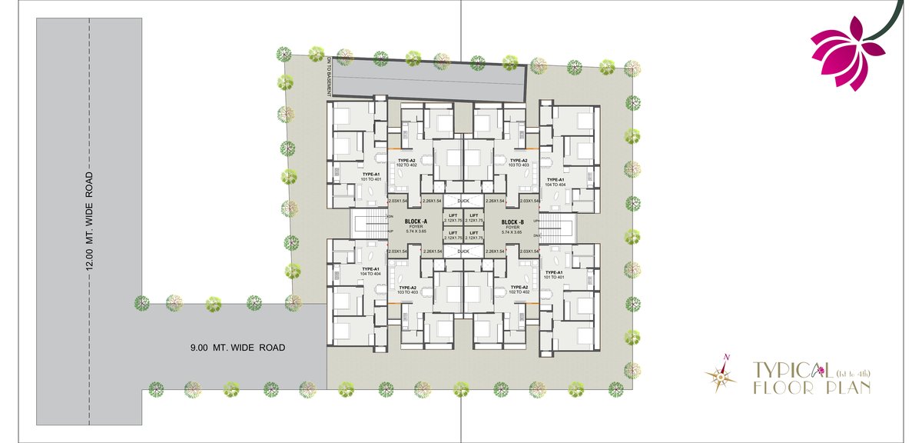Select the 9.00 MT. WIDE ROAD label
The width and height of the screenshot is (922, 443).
pyautogui.click(x=237, y=348)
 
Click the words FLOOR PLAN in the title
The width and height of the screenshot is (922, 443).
pyautogui.click(x=811, y=388)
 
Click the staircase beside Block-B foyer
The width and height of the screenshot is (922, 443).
pyautogui.click(x=559, y=228)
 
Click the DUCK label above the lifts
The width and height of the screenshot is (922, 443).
pyautogui.click(x=463, y=201)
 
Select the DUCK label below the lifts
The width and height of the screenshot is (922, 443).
pyautogui.click(x=463, y=251)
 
